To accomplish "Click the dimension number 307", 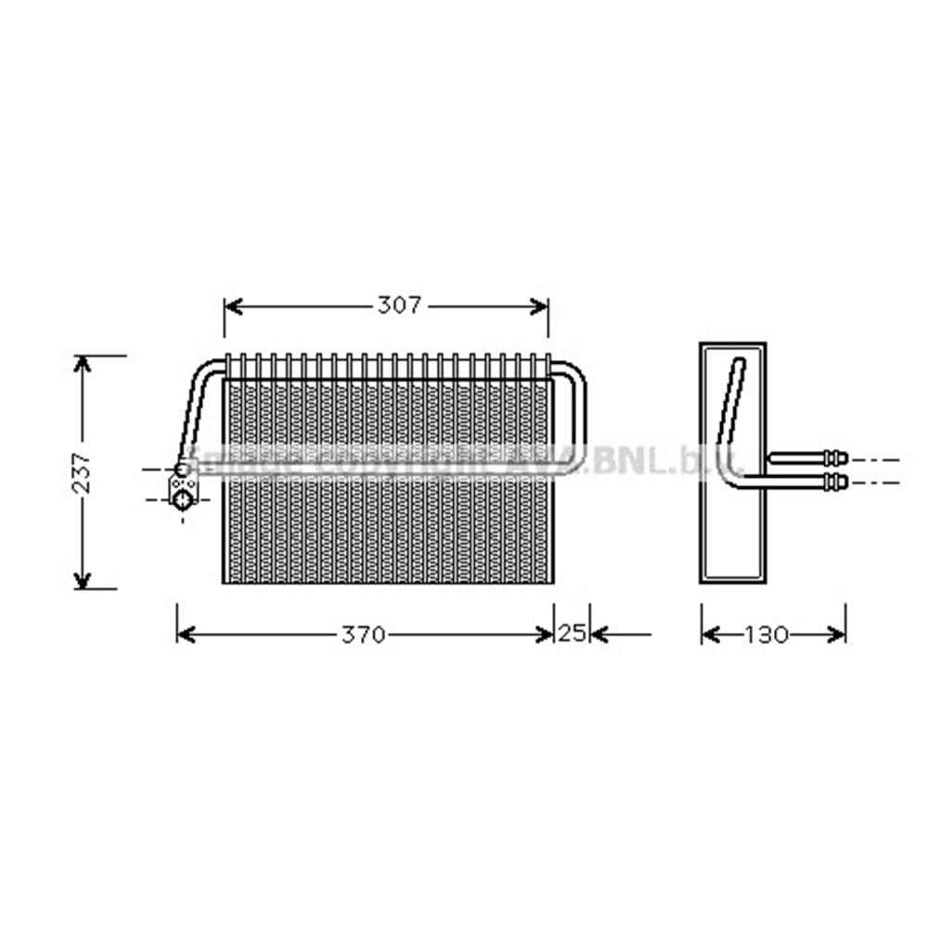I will pos(399,305).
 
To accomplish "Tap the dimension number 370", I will pos(363,635).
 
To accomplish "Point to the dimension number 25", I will pos(572,634).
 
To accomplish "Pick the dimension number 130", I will pos(766,635).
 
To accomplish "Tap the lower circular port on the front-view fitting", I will pos(183,500).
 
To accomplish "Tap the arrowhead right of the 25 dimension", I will pos(599,635).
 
